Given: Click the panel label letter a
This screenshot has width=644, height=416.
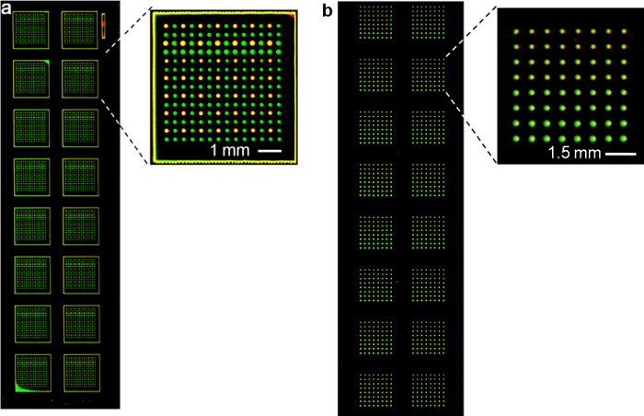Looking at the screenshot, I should [6, 7].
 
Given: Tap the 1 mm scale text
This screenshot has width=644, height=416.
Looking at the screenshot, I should [224, 149].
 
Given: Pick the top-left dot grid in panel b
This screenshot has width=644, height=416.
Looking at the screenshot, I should [375, 21].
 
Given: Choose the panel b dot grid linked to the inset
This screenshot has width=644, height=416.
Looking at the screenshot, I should [427, 74].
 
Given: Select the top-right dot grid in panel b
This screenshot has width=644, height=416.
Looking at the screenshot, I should [427, 21].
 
